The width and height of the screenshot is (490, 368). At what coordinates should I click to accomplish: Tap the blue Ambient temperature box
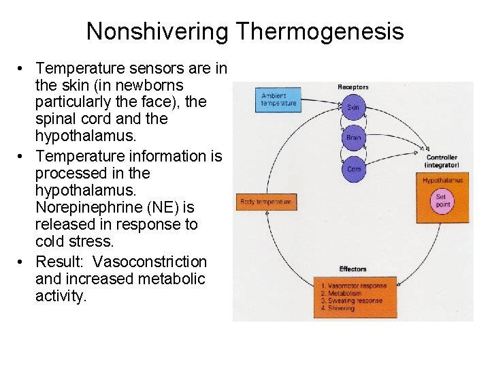[279, 99]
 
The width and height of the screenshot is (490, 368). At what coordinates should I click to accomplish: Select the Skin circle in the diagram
[353, 108]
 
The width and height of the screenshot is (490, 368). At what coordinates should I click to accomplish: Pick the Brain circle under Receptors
[353, 138]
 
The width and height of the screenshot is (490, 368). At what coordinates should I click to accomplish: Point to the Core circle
[353, 168]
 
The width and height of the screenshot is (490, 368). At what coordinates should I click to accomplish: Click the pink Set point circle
[443, 201]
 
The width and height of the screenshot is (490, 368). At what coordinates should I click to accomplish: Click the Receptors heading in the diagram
[353, 87]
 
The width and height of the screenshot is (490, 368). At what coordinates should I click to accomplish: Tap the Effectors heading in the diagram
[353, 269]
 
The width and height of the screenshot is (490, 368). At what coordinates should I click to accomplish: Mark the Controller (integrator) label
[442, 162]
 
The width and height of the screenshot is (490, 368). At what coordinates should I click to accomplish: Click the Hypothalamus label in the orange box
[442, 181]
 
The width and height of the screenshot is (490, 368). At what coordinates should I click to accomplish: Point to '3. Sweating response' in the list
[351, 301]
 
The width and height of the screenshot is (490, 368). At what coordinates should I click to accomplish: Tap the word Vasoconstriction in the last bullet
[149, 262]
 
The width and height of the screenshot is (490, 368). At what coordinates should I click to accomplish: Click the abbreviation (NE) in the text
[159, 208]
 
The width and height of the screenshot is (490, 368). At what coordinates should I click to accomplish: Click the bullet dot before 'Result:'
[22, 262]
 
